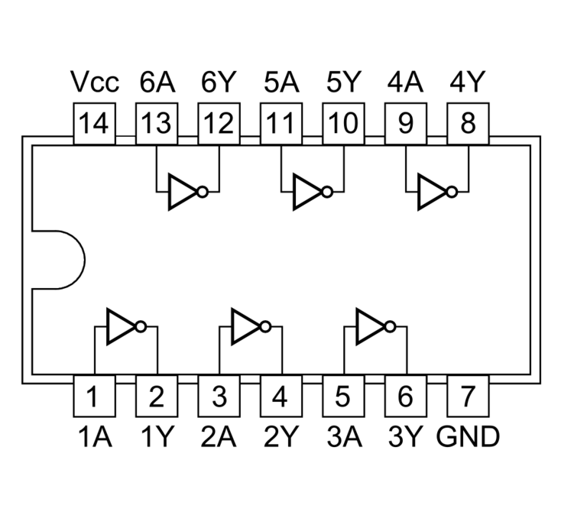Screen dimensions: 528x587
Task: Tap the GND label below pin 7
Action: [469, 436]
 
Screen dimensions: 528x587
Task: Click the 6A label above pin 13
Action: [157, 83]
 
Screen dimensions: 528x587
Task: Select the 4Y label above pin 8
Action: [468, 83]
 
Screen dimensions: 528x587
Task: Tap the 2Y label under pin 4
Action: [281, 436]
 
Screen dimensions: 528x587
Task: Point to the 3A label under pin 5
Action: [343, 436]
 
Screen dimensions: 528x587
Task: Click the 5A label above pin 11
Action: [281, 83]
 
